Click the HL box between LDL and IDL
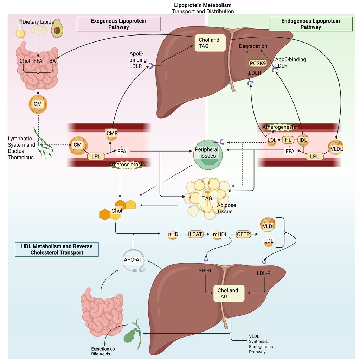[288, 140]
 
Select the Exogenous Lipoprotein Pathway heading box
[118, 24]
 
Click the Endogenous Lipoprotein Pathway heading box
[310, 24]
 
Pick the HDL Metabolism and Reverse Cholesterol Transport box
[57, 249]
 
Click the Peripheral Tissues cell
[206, 153]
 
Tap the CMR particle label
[111, 134]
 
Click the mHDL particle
[219, 234]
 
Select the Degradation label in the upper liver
[253, 46]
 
